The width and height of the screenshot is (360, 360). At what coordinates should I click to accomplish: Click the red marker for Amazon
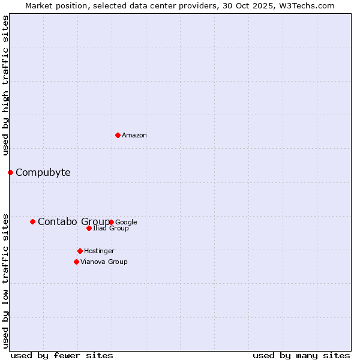coord(118,135)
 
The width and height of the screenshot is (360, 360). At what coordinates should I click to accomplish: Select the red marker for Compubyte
coord(10,173)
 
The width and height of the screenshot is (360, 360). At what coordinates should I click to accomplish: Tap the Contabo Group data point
coord(32,221)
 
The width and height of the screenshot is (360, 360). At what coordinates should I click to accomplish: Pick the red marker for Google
coord(112,222)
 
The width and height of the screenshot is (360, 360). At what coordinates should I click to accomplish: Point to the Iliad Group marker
coord(89,228)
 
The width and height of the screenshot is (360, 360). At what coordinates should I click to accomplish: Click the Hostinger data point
coord(80,251)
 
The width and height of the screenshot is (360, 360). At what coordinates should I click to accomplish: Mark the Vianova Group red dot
coord(76,262)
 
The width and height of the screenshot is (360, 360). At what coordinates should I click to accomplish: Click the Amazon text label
coord(134,136)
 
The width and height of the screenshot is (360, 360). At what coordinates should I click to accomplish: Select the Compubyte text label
coord(43,173)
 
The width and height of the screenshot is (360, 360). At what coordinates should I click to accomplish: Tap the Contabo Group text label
coord(73,222)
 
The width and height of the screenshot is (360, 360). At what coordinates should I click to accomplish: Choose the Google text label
coord(126,222)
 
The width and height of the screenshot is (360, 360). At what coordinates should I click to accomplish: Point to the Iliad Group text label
coord(111,229)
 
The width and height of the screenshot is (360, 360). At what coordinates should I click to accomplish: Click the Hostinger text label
coord(99,251)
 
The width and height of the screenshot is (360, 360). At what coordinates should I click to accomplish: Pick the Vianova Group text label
coord(104,262)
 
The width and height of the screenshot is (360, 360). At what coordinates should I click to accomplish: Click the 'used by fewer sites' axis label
coord(62,355)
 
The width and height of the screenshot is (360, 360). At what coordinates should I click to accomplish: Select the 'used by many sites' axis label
coord(301,355)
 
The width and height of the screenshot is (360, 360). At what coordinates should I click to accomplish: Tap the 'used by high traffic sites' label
coord(5,86)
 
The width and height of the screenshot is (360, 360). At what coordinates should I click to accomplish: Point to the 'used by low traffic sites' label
coord(5,280)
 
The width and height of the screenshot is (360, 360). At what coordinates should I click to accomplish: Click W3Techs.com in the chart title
coord(311,5)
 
